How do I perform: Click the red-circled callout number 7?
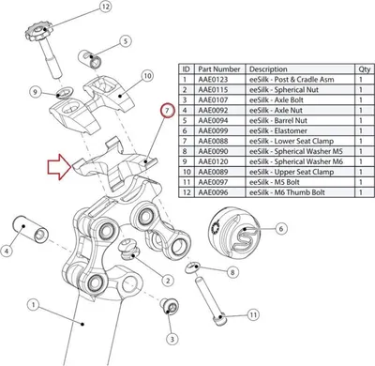coord(167,110)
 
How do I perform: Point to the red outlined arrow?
coord(59,167)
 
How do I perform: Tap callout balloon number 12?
coord(105,8)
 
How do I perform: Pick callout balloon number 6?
coord(281,229)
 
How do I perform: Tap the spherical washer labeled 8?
coord(192,267)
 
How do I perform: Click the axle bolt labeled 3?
coord(170,306)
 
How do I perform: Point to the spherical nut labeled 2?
coord(129,250)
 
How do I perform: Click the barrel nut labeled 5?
coord(90,58)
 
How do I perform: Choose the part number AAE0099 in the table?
coord(213,130)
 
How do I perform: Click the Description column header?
coord(268,69)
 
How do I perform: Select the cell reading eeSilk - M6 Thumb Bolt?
coord(287,192)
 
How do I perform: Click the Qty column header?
coord(364,69)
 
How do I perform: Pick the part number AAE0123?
coord(213,80)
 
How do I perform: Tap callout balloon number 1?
coord(33,305)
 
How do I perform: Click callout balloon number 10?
coord(147,76)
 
